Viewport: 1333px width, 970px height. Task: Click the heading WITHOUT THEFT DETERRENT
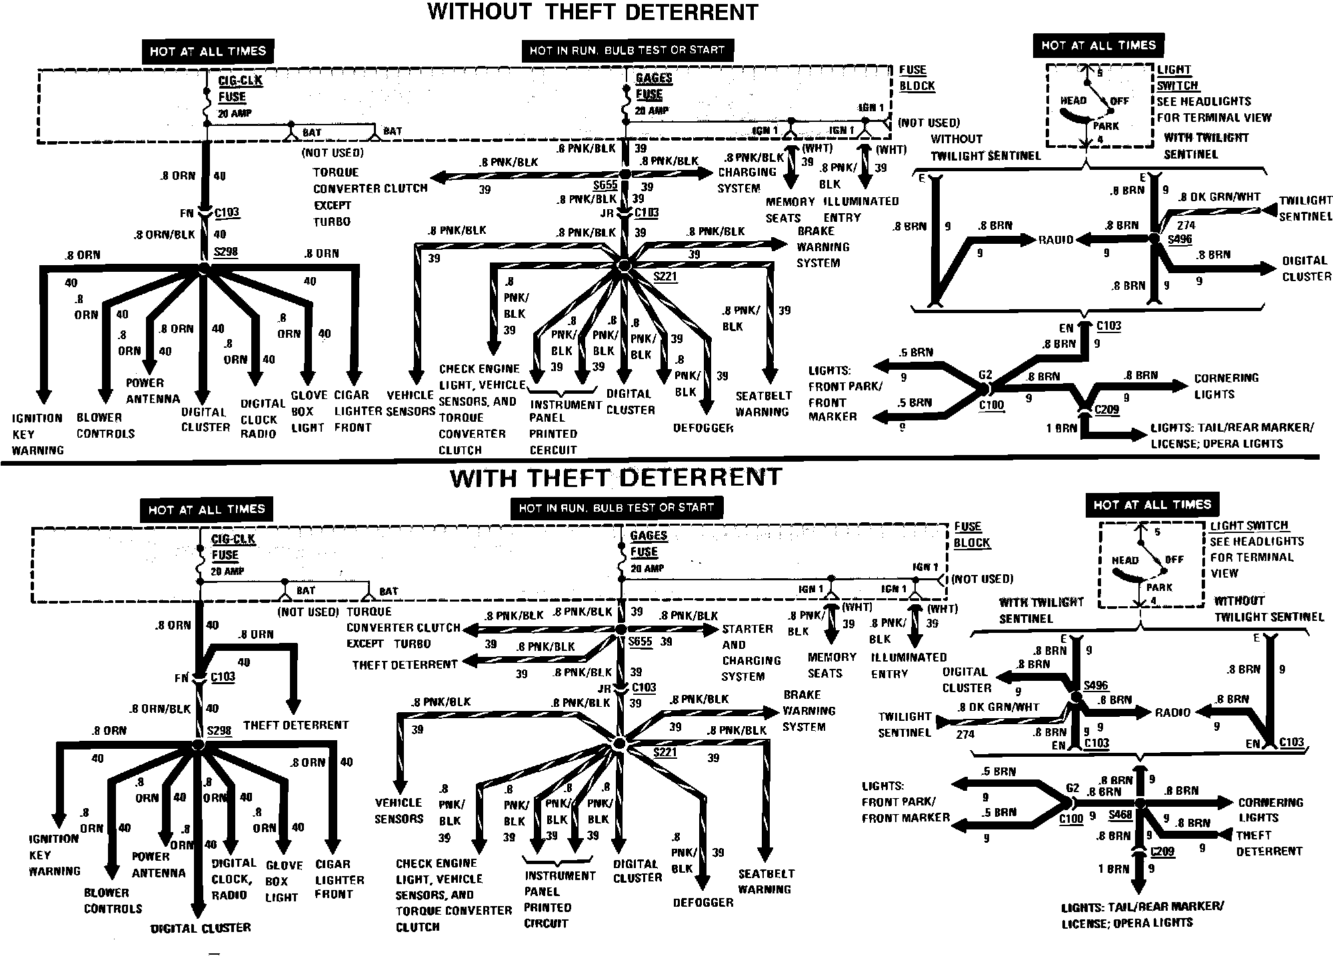click(x=593, y=12)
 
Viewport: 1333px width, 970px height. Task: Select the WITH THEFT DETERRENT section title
click(x=616, y=478)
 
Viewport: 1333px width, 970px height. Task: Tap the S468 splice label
click(x=1120, y=815)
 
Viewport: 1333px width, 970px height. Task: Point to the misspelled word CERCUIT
click(x=553, y=450)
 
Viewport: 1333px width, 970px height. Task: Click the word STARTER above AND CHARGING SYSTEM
click(x=748, y=629)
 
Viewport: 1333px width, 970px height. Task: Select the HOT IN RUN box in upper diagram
click(x=627, y=50)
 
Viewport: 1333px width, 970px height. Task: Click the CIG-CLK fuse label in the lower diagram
click(x=233, y=539)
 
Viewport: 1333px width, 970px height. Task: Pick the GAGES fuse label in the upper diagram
click(x=653, y=79)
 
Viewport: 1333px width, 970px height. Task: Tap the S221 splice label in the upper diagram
click(x=665, y=275)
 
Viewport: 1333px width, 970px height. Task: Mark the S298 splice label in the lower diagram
click(x=219, y=730)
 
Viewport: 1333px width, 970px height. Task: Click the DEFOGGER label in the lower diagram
click(x=703, y=902)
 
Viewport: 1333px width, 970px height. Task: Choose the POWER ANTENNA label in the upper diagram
click(x=153, y=391)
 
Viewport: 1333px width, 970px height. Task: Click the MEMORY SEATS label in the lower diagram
click(x=831, y=665)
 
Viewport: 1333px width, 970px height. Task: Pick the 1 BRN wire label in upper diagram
click(x=1061, y=428)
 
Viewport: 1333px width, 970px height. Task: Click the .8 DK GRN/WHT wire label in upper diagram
click(x=1219, y=197)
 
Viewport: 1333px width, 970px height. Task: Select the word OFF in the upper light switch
click(x=1120, y=101)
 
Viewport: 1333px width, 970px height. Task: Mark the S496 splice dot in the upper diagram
click(x=1155, y=238)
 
